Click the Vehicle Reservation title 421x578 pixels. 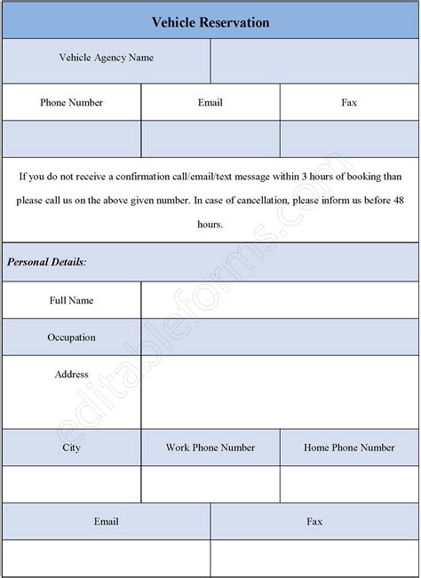[x=210, y=21]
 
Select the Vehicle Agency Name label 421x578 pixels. [x=106, y=59]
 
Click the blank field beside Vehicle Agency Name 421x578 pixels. [x=314, y=60]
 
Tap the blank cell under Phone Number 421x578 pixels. [x=71, y=139]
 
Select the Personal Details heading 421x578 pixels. [x=47, y=262]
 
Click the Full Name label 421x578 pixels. [x=71, y=300]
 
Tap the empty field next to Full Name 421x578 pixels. [x=280, y=300]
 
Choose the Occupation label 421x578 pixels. [x=71, y=337]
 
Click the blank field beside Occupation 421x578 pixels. [x=280, y=337]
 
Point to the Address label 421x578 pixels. [x=71, y=375]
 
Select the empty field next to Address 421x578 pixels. [x=280, y=392]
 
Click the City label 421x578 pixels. [x=71, y=447]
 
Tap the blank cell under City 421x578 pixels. [x=71, y=485]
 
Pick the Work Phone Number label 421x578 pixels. [x=210, y=447]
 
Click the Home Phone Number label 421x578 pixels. [x=349, y=447]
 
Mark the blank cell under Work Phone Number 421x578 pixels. [x=210, y=485]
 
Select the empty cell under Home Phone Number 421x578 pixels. [x=349, y=485]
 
